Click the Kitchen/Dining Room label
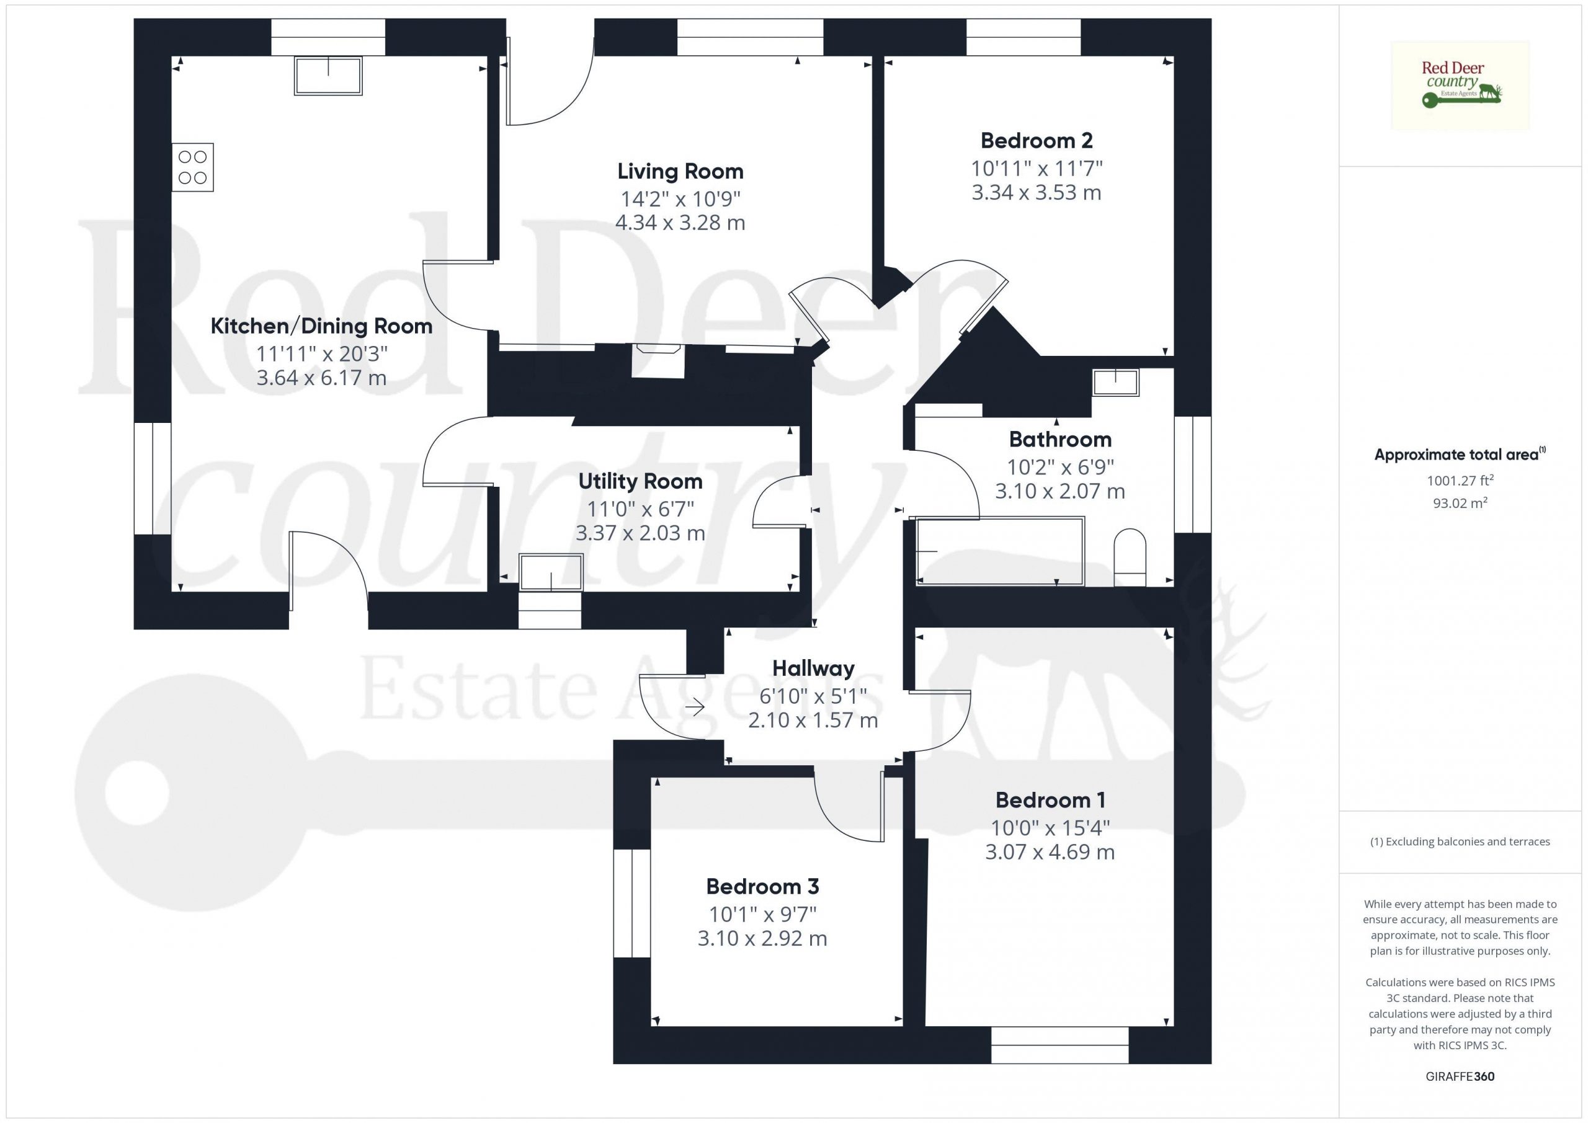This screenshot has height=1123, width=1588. coord(321,326)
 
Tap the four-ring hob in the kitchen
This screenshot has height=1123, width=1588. coord(193,167)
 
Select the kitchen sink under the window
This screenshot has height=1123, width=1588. coord(328,76)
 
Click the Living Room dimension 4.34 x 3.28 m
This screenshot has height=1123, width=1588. coord(680,223)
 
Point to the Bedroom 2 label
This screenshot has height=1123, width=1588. coord(1036,140)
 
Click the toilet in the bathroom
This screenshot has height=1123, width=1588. coord(1130,557)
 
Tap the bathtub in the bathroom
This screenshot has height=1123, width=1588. coord(999,551)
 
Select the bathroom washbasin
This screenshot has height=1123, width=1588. coord(1115,383)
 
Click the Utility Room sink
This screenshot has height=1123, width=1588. coord(551,572)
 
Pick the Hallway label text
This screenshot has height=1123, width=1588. coord(813,668)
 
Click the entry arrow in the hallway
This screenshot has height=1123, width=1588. coord(694,708)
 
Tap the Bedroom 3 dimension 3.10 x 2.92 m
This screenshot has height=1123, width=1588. coord(762,938)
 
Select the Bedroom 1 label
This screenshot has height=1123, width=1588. coord(1050,800)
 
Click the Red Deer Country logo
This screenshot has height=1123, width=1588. coord(1460,86)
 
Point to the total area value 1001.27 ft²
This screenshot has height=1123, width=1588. coord(1460,480)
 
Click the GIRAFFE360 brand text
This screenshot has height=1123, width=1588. coord(1460,1076)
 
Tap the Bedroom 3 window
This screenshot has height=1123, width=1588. coord(631,903)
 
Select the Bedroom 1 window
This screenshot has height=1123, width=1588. coord(1059,1045)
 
